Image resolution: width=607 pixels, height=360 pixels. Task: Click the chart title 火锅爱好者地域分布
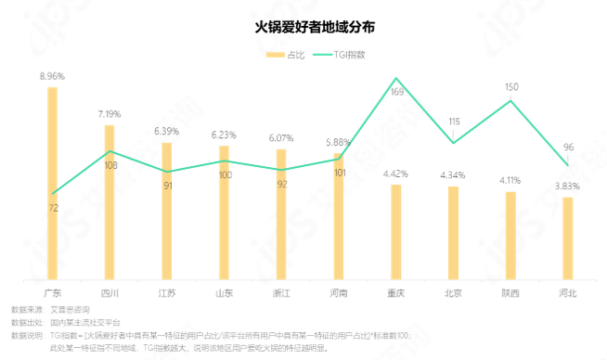coord(303,27)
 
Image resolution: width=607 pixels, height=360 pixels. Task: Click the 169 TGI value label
coord(396,93)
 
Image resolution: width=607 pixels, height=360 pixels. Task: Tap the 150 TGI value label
coord(511,87)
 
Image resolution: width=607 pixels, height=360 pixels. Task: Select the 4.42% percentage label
coord(396,174)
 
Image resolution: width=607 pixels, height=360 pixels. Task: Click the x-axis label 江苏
coord(167,292)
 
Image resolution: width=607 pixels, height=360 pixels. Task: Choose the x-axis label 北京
coord(453,292)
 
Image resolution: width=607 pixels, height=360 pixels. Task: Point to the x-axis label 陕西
coord(510,292)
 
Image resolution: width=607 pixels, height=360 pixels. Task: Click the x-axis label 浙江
coord(281,292)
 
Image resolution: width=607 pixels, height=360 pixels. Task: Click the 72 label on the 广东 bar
coord(53,208)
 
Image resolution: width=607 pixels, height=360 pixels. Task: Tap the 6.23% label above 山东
coord(224,135)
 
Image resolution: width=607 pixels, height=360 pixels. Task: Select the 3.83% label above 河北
coord(567,186)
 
